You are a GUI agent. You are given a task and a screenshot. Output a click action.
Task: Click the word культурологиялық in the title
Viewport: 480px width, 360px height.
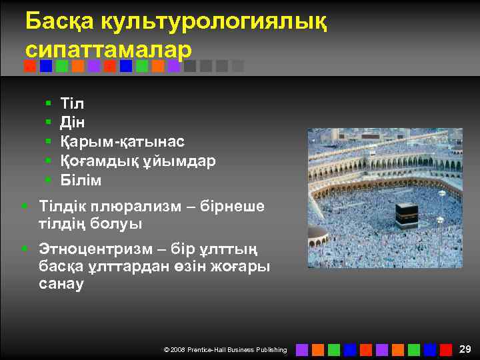coord(214,22)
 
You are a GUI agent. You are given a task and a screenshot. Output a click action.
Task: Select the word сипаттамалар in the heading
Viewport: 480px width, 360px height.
coord(109,50)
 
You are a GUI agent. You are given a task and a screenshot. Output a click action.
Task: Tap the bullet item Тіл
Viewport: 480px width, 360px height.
coord(72,103)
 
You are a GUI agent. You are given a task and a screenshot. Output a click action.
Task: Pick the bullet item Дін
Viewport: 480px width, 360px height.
coord(73,123)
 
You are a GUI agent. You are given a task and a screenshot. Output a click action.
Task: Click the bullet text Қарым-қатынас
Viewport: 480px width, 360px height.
coord(123,142)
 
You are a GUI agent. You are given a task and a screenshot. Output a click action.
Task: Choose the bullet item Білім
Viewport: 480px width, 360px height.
coord(81,181)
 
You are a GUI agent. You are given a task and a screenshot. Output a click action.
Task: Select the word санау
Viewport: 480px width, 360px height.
coord(61,285)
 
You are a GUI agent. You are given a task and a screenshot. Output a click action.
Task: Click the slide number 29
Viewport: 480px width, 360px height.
coord(465,349)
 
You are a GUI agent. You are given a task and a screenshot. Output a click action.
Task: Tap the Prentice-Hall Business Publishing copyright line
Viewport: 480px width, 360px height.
coord(225,350)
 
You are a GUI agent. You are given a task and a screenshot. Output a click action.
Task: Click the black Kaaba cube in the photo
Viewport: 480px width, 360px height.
coord(407,216)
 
